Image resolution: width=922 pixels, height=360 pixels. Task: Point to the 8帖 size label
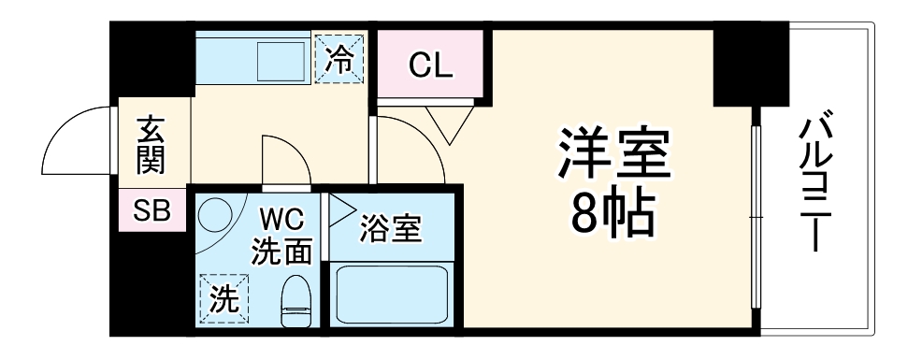[x=614, y=218]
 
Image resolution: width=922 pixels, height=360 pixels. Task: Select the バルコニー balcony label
[x=816, y=183]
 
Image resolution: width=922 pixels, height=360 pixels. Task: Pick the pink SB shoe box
[x=151, y=211]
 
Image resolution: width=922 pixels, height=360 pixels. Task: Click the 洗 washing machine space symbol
[x=223, y=300]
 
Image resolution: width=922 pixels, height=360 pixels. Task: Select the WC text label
[x=281, y=222]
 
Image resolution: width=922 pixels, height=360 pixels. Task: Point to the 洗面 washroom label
[x=281, y=251]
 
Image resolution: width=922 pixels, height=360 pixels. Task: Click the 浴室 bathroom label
[x=392, y=227]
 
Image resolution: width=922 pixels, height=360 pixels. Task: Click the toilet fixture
[x=295, y=302]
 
